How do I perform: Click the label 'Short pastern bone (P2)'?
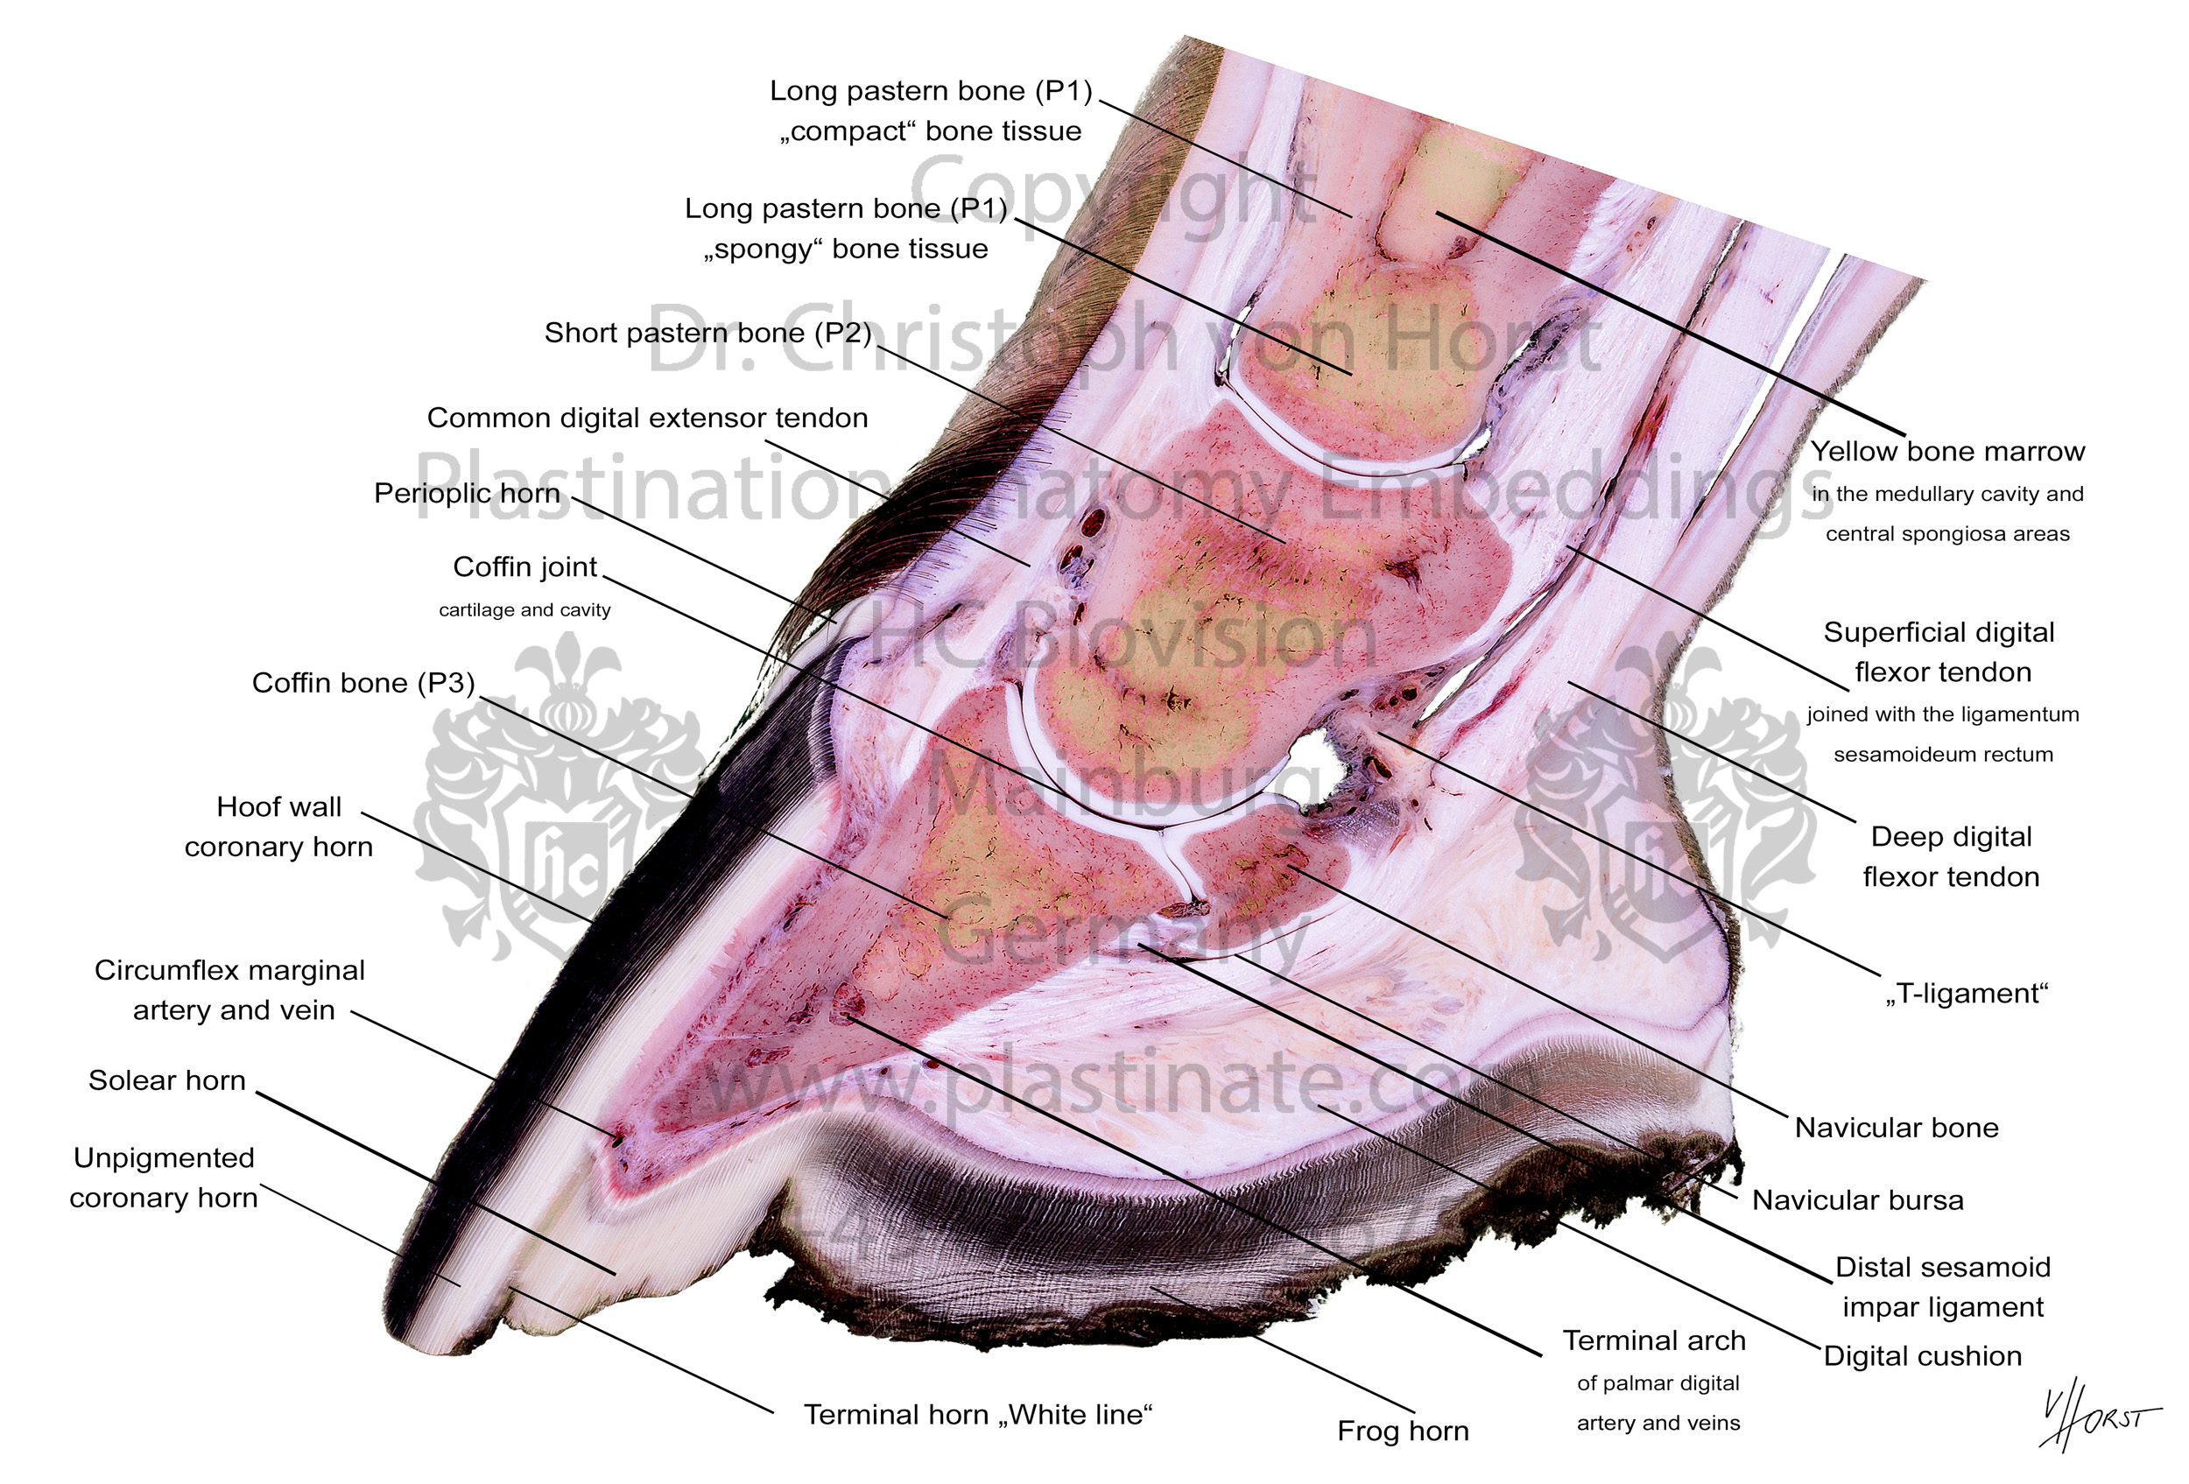tap(708, 334)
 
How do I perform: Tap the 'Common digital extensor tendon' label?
tap(647, 418)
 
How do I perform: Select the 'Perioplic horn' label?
tap(468, 494)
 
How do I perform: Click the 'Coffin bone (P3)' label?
tap(363, 683)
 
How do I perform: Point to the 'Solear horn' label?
tap(166, 1080)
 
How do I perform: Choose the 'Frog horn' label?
tap(1404, 1431)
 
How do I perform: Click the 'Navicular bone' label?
tap(1896, 1128)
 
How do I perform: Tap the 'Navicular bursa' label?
tap(1857, 1200)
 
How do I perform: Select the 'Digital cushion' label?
tap(1923, 1356)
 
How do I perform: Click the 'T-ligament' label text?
tap(1967, 994)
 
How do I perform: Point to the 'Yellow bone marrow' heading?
tap(1947, 452)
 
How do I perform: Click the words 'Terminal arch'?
tap(1654, 1341)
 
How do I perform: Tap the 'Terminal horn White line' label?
tap(978, 1415)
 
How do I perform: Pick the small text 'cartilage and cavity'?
tap(524, 610)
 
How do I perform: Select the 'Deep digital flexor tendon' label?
tap(1951, 857)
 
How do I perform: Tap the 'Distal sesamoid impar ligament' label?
tap(1943, 1287)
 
